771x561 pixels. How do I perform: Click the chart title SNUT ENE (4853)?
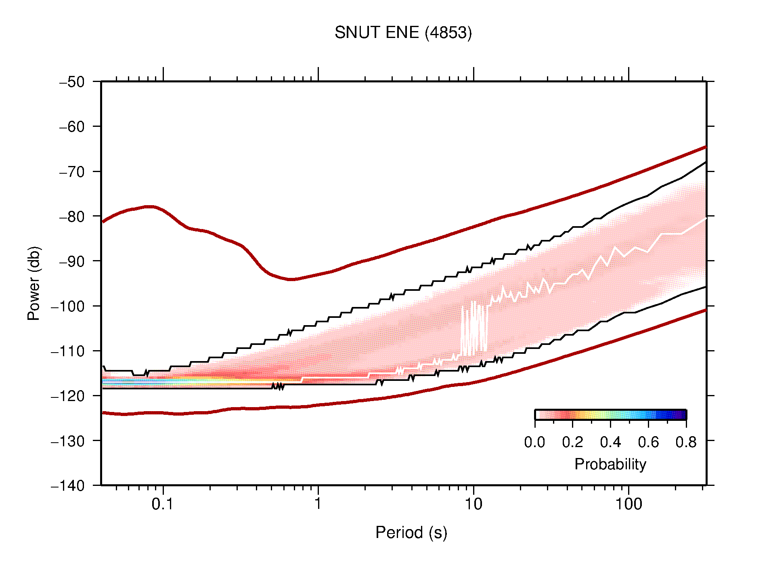click(x=403, y=33)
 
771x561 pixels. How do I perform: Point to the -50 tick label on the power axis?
click(x=72, y=82)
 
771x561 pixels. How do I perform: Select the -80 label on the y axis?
click(x=72, y=216)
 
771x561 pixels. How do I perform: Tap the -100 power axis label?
click(x=68, y=306)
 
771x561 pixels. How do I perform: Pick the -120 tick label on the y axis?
click(x=68, y=396)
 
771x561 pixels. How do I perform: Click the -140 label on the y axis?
click(x=68, y=485)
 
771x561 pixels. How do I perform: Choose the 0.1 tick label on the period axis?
click(x=162, y=504)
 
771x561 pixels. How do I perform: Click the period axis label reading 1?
click(x=318, y=504)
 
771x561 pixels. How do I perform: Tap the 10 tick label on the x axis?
click(x=473, y=504)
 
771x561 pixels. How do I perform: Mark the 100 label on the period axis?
click(x=628, y=504)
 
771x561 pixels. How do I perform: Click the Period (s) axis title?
click(x=411, y=533)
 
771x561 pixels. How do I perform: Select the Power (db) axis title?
click(x=34, y=283)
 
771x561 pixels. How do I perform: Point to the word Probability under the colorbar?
click(x=610, y=464)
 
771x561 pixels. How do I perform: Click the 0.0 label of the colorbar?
click(x=534, y=442)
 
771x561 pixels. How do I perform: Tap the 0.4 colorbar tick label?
click(x=610, y=442)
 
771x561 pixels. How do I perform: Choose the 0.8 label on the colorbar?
click(x=686, y=442)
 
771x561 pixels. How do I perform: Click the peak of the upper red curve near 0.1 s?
click(x=150, y=206)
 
